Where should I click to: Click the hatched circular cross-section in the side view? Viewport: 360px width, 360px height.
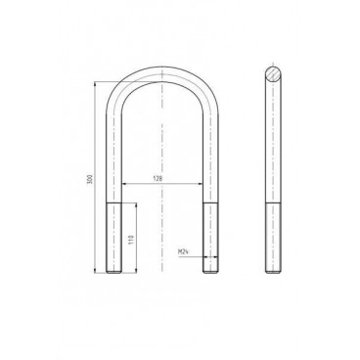[272, 72]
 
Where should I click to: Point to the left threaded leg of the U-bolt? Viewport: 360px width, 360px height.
[113, 235]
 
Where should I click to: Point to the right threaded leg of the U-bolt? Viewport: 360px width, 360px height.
[210, 235]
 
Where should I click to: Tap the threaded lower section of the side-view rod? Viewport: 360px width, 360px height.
[272, 235]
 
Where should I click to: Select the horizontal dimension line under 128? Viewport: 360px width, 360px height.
[162, 186]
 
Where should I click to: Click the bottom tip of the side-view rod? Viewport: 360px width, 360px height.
[272, 271]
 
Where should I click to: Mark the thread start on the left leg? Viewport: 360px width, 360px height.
[113, 202]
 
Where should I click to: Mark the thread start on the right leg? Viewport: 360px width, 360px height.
[210, 202]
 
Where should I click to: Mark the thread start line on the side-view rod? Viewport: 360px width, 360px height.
[272, 202]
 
